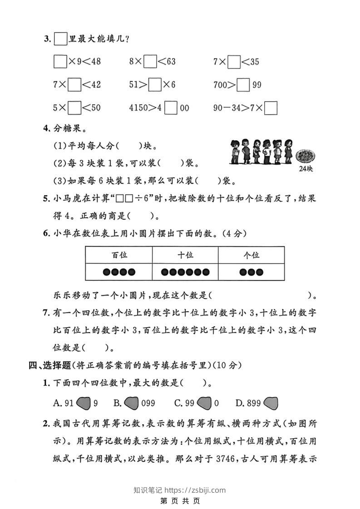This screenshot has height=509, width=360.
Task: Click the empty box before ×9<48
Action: pyautogui.click(x=60, y=61)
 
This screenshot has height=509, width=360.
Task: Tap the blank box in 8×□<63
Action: pyautogui.click(x=150, y=61)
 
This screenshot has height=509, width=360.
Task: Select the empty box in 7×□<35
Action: pyautogui.click(x=234, y=61)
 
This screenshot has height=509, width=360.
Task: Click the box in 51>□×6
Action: pyautogui.click(x=155, y=85)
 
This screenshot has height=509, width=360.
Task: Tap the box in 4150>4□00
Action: pyautogui.click(x=171, y=108)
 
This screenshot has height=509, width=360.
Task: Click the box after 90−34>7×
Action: pyautogui.click(x=271, y=108)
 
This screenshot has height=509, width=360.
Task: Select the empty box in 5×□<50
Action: pyautogui.click(x=74, y=108)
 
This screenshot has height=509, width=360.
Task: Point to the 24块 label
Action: pyautogui.click(x=306, y=169)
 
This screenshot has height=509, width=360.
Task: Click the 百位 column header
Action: pyautogui.click(x=119, y=255)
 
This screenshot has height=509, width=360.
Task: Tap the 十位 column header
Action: pyautogui.click(x=185, y=255)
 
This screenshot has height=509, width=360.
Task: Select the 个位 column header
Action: pyautogui.click(x=251, y=255)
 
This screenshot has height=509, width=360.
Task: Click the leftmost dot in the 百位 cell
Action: pyautogui.click(x=106, y=272)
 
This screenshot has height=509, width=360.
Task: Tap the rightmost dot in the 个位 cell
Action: pyautogui.click(x=259, y=272)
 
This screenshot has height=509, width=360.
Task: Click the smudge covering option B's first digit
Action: pyautogui.click(x=131, y=402)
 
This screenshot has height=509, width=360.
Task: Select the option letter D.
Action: pyautogui.click(x=239, y=403)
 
